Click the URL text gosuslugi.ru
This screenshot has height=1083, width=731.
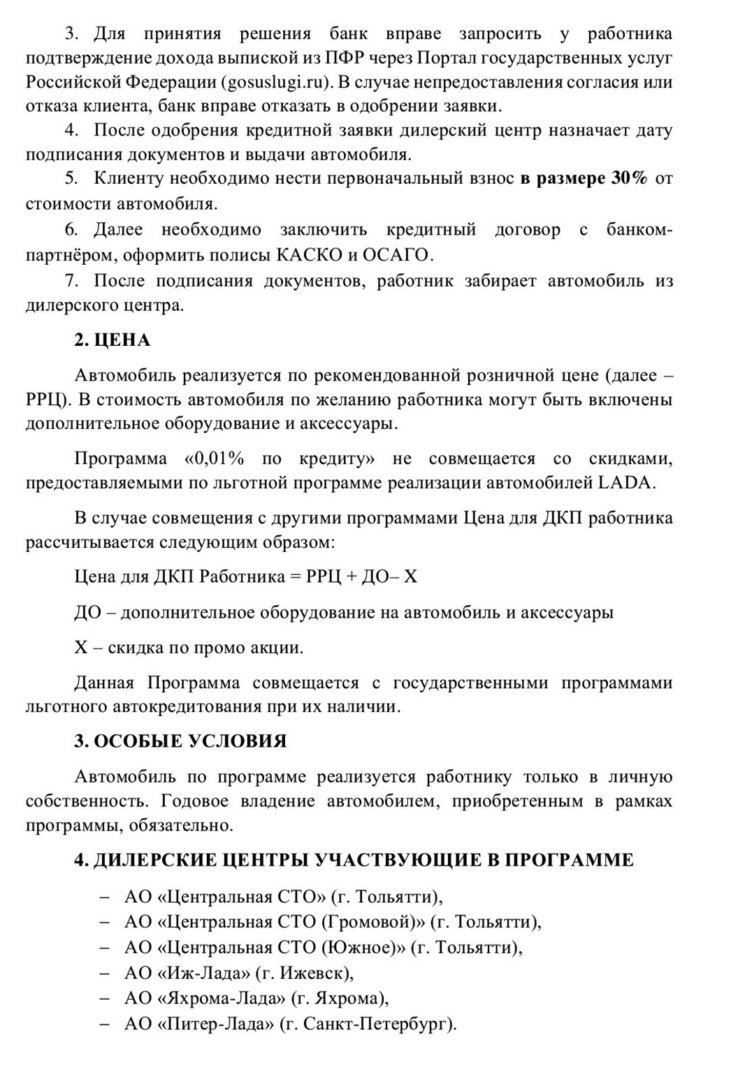(275, 82)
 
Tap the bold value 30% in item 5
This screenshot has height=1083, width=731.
(628, 178)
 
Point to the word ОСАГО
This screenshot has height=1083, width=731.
(398, 254)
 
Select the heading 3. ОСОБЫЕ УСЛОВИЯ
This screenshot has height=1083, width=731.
(180, 741)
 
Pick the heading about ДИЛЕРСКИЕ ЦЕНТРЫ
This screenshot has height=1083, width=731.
(354, 859)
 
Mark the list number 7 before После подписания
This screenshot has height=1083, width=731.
(69, 281)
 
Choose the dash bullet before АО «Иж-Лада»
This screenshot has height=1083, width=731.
(105, 973)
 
